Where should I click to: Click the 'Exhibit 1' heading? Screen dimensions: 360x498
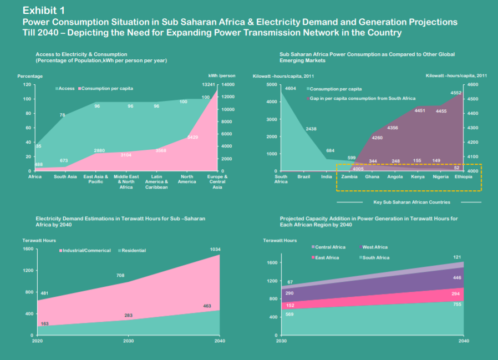click(43, 10)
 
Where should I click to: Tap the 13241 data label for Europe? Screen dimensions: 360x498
click(208, 85)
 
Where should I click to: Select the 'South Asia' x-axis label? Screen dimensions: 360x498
click(65, 176)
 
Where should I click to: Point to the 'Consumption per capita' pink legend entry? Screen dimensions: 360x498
click(107, 88)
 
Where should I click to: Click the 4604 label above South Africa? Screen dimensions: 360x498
click(291, 88)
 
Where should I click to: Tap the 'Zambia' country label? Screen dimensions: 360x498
click(349, 176)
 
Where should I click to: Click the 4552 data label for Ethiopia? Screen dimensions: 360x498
click(456, 93)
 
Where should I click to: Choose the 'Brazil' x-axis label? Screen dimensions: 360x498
click(303, 176)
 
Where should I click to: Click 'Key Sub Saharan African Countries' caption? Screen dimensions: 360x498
click(411, 202)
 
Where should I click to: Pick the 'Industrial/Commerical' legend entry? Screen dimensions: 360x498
click(87, 250)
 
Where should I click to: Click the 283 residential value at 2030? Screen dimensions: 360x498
click(128, 316)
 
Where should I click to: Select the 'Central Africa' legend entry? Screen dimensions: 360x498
click(331, 247)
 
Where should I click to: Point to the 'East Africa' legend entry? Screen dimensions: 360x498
click(326, 257)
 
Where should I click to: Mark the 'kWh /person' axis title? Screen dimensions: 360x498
click(222, 75)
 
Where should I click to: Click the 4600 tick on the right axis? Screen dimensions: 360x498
click(472, 84)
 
